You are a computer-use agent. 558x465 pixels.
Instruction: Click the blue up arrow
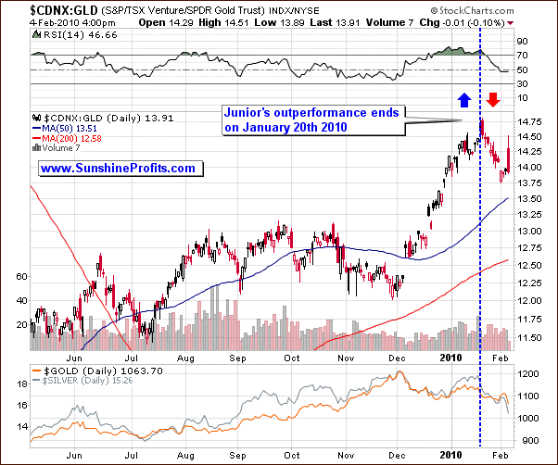tap(463, 98)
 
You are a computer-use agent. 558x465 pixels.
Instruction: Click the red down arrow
tap(493, 98)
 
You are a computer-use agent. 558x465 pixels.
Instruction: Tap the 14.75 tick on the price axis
tap(530, 121)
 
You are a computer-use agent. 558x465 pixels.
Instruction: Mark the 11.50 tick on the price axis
tap(530, 337)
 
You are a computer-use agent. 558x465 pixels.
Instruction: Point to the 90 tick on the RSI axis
tap(522, 41)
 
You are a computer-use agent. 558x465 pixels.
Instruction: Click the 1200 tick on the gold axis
tap(528, 374)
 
